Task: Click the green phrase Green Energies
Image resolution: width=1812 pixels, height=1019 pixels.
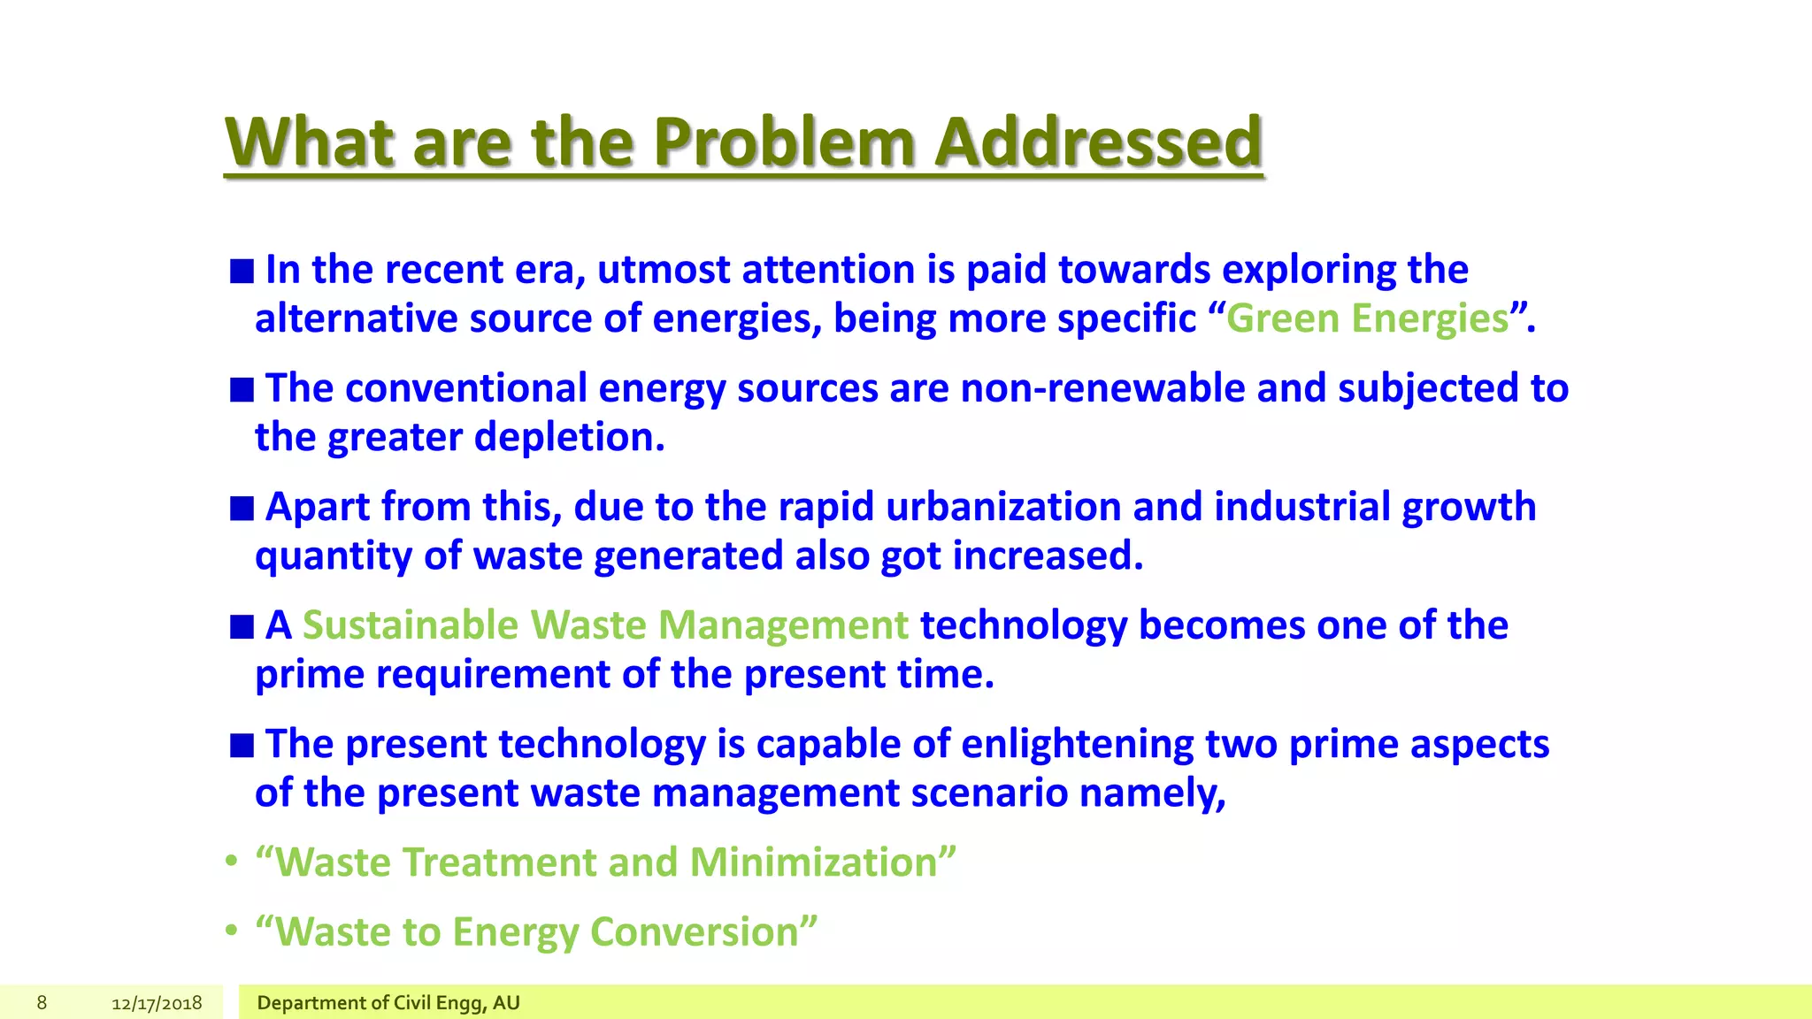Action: pyautogui.click(x=1367, y=318)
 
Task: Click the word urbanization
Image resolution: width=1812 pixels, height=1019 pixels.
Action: pyautogui.click(x=1003, y=507)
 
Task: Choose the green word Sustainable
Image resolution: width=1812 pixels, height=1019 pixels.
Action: pyautogui.click(x=410, y=625)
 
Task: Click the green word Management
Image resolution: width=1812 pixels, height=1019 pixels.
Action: pyautogui.click(x=783, y=625)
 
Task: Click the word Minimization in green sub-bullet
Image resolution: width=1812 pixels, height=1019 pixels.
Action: pyautogui.click(x=813, y=862)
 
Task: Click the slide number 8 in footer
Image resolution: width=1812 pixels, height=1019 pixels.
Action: pyautogui.click(x=42, y=1002)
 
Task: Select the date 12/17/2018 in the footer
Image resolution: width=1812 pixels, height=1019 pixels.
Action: pyautogui.click(x=157, y=1003)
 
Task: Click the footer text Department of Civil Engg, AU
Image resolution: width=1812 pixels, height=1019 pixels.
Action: pyautogui.click(x=388, y=1003)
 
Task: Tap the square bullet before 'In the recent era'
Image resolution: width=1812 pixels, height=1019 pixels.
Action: pyautogui.click(x=242, y=271)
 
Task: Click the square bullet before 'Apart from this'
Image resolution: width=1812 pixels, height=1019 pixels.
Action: pyautogui.click(x=242, y=509)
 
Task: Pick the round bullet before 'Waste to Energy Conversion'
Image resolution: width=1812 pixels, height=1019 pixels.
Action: pyautogui.click(x=231, y=931)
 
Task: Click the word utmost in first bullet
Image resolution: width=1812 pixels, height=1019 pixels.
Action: pyautogui.click(x=664, y=270)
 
